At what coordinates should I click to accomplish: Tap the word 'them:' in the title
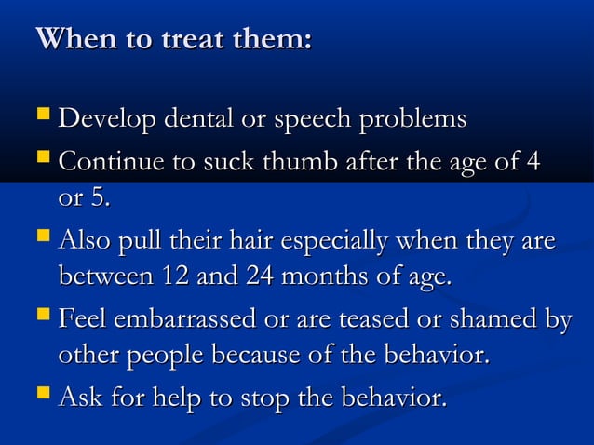pos(275,41)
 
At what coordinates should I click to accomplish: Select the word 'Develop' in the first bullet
pos(104,121)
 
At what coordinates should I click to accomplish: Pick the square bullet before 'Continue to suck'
pos(41,160)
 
